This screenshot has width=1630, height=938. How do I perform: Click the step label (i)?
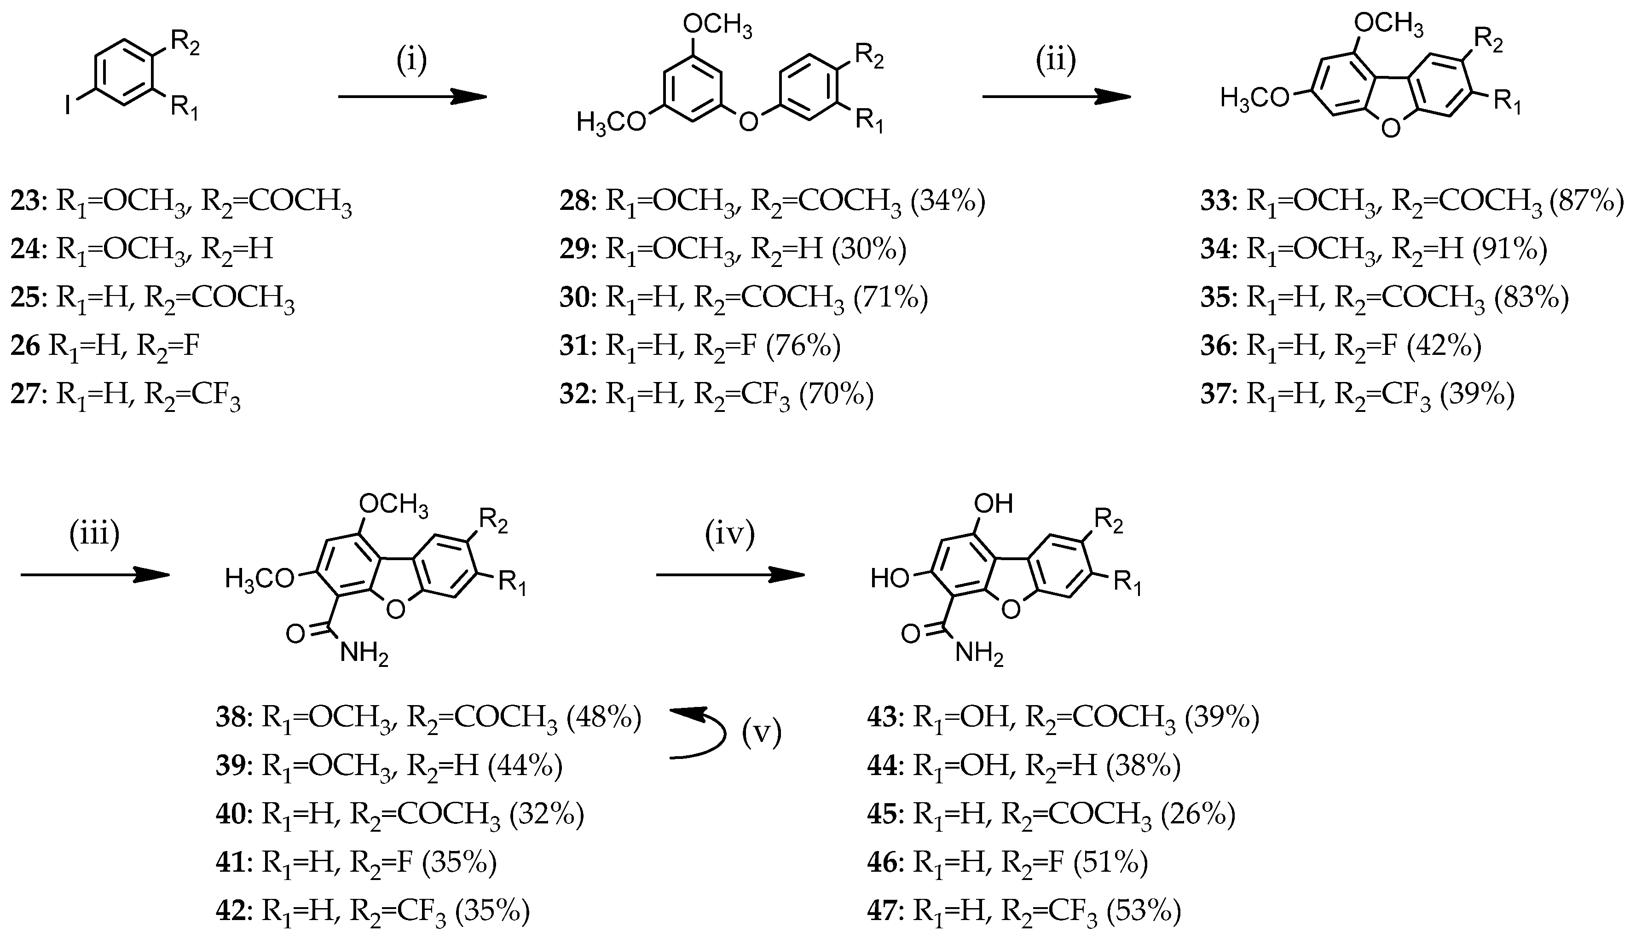411,61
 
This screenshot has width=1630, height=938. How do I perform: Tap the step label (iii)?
95,535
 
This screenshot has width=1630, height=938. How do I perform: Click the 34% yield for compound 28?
948,202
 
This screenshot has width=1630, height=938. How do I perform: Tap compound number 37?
1215,394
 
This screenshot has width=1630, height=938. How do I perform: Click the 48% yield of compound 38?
604,718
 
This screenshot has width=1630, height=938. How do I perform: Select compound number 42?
231,911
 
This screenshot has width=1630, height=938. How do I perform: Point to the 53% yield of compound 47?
1144,911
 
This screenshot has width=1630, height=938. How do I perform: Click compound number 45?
882,814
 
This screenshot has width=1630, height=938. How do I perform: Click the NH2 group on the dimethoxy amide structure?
364,654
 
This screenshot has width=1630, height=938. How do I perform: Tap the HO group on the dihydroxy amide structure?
890,579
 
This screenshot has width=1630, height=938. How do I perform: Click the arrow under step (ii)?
1056,97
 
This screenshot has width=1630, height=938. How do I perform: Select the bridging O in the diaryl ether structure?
748,121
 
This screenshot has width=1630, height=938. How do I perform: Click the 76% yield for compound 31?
803,346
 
